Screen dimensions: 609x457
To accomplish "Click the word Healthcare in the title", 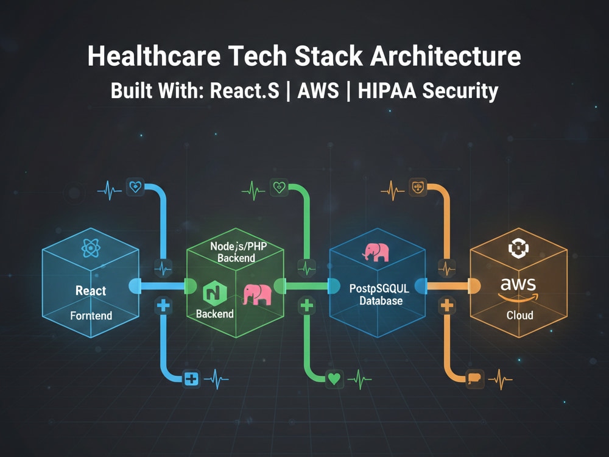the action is click(x=154, y=56).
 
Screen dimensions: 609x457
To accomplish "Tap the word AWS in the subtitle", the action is click(x=318, y=91).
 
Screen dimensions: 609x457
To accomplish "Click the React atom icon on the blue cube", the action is click(x=91, y=248).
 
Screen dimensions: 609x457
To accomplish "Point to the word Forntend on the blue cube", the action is click(x=91, y=315).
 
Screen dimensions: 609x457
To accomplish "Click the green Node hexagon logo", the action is click(x=215, y=294).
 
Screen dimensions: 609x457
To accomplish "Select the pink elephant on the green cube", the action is click(x=257, y=295).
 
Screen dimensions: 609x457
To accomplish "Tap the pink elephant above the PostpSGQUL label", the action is click(x=376, y=252).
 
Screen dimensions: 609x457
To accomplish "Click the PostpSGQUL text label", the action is click(x=379, y=289).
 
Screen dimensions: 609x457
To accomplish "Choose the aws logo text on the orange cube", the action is click(x=518, y=284).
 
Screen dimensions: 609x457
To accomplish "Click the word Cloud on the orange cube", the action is click(x=519, y=315).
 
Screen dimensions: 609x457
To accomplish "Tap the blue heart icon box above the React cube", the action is click(x=135, y=187).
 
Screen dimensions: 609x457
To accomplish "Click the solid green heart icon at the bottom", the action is click(x=334, y=378).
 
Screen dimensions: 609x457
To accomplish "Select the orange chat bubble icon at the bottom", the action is click(x=474, y=378).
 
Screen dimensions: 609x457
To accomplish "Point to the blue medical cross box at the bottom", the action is click(x=191, y=378).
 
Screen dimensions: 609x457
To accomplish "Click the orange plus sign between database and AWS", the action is click(x=447, y=305).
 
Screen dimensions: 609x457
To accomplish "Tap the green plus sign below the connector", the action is click(x=307, y=305).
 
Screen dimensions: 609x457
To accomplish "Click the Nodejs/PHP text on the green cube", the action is click(x=239, y=246).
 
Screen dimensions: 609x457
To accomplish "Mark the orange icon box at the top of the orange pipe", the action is click(x=418, y=187).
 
